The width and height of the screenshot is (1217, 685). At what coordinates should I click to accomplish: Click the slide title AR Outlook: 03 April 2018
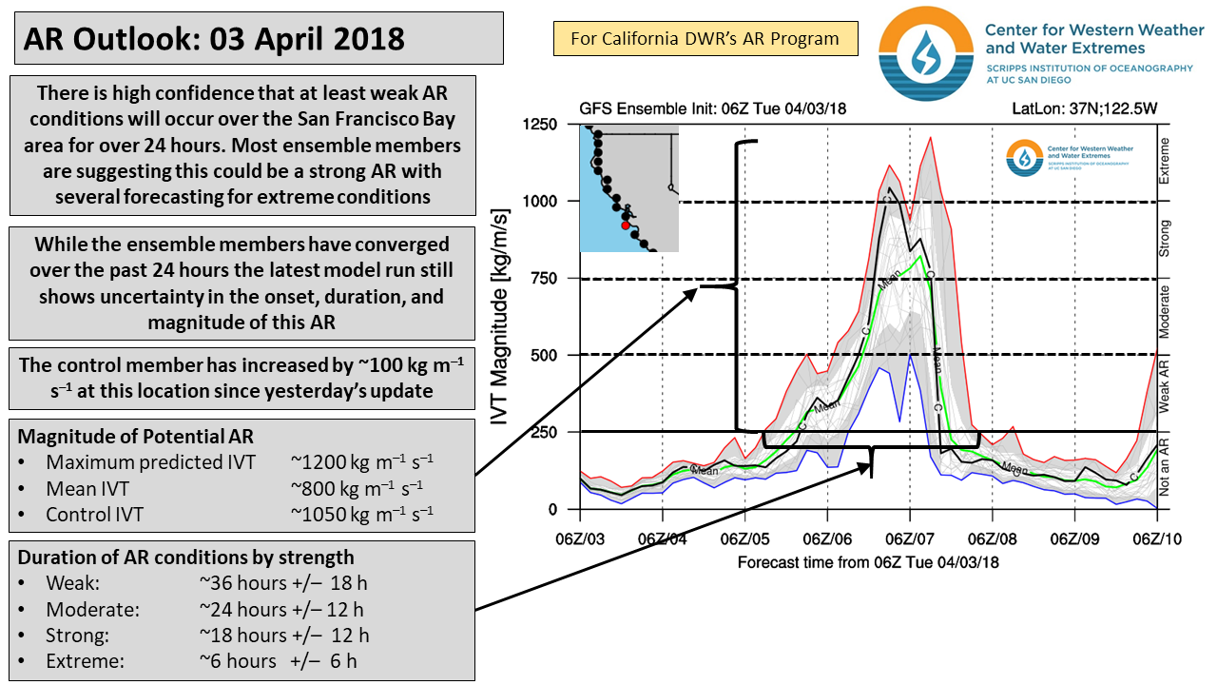(x=215, y=39)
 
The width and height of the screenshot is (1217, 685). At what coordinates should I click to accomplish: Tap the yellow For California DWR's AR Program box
(x=705, y=39)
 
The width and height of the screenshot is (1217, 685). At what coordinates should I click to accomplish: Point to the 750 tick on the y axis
(x=544, y=278)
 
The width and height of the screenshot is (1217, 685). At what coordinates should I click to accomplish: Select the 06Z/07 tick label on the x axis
(x=910, y=538)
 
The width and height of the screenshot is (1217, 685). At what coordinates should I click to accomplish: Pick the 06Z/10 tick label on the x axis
(x=1156, y=538)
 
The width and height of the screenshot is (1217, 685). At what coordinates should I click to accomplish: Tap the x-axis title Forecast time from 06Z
(x=868, y=561)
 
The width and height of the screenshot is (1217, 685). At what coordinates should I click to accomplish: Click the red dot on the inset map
(x=625, y=225)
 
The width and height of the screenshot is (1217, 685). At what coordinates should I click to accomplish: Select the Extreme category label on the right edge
(x=1165, y=161)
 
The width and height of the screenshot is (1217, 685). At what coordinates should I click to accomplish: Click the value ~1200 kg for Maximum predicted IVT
(x=362, y=462)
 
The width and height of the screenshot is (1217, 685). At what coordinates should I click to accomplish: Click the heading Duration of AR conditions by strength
(x=185, y=558)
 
